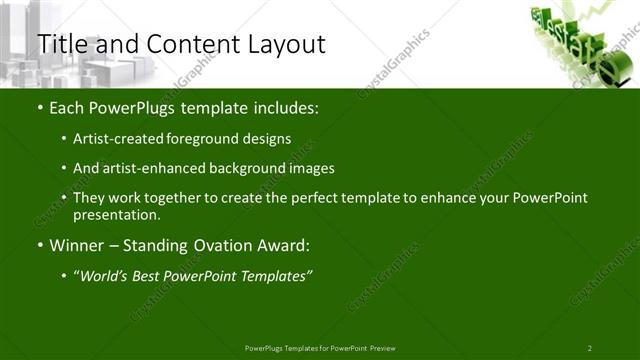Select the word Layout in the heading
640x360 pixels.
coord(285,44)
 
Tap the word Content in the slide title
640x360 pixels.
coord(189,44)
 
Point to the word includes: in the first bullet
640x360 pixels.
coord(283,108)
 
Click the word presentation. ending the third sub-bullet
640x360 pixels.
coord(123,214)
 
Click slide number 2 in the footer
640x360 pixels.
coord(589,347)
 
